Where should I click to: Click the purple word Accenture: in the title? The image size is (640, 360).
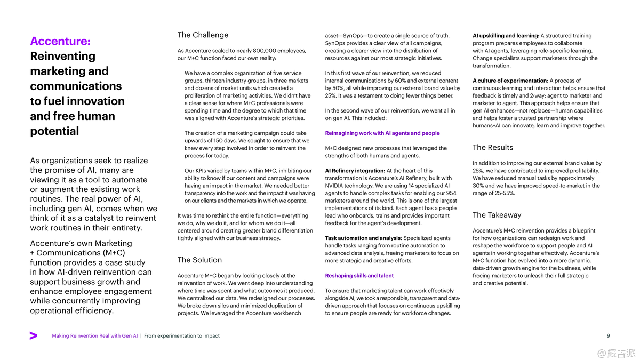(x=60, y=42)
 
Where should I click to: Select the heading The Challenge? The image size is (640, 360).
(x=203, y=35)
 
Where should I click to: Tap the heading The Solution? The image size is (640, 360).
(x=199, y=260)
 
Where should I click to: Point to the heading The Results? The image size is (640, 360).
(x=493, y=148)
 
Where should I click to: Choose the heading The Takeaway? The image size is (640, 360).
(x=497, y=215)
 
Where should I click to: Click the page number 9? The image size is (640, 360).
(x=609, y=336)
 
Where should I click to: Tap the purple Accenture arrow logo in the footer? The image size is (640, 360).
(x=34, y=335)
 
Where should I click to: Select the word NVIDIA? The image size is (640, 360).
(x=337, y=186)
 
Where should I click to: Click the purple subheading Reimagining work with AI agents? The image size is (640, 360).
(x=382, y=133)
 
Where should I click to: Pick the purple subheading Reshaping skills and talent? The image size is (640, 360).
(x=359, y=276)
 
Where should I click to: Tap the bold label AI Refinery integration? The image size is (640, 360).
(x=355, y=171)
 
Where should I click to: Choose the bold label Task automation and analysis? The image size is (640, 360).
(x=363, y=238)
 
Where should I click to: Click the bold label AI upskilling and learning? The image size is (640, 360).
(x=506, y=36)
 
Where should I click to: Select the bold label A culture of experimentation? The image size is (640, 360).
(x=510, y=81)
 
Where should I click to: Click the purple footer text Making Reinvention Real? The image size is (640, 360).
(x=95, y=336)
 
